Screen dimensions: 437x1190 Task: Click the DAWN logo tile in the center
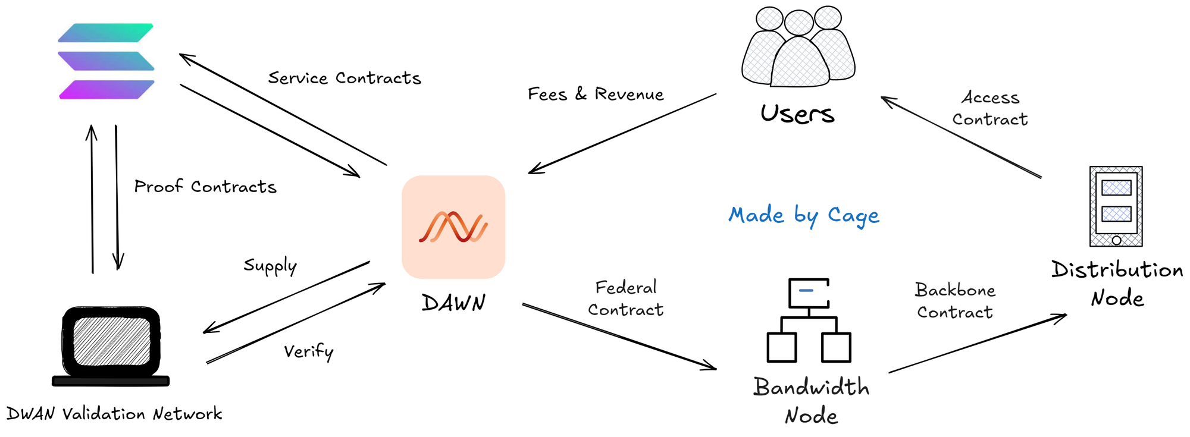pos(453,227)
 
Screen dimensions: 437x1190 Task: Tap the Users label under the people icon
pos(797,114)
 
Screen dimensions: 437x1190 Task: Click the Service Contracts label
pos(345,78)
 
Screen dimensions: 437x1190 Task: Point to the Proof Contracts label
pos(205,187)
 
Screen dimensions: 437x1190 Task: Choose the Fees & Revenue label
pos(596,94)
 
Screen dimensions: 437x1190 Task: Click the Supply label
pos(270,266)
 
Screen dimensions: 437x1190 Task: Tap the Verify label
pos(308,351)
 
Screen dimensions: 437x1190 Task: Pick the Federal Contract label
pos(625,298)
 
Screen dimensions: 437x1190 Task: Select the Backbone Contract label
pos(955,301)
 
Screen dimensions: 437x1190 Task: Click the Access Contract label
pos(990,108)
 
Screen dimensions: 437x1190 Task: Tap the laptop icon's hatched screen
pos(111,341)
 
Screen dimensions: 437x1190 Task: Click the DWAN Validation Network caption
pos(114,414)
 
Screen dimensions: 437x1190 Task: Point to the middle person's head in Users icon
pos(798,23)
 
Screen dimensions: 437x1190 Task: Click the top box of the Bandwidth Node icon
pos(809,293)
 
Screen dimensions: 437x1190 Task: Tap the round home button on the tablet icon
pos(1116,240)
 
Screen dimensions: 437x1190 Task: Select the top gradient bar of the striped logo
pos(106,33)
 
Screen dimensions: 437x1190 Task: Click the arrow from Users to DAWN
pos(622,133)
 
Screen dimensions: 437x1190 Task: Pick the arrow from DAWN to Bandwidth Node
pos(619,336)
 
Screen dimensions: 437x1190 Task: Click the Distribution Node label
pos(1117,284)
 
